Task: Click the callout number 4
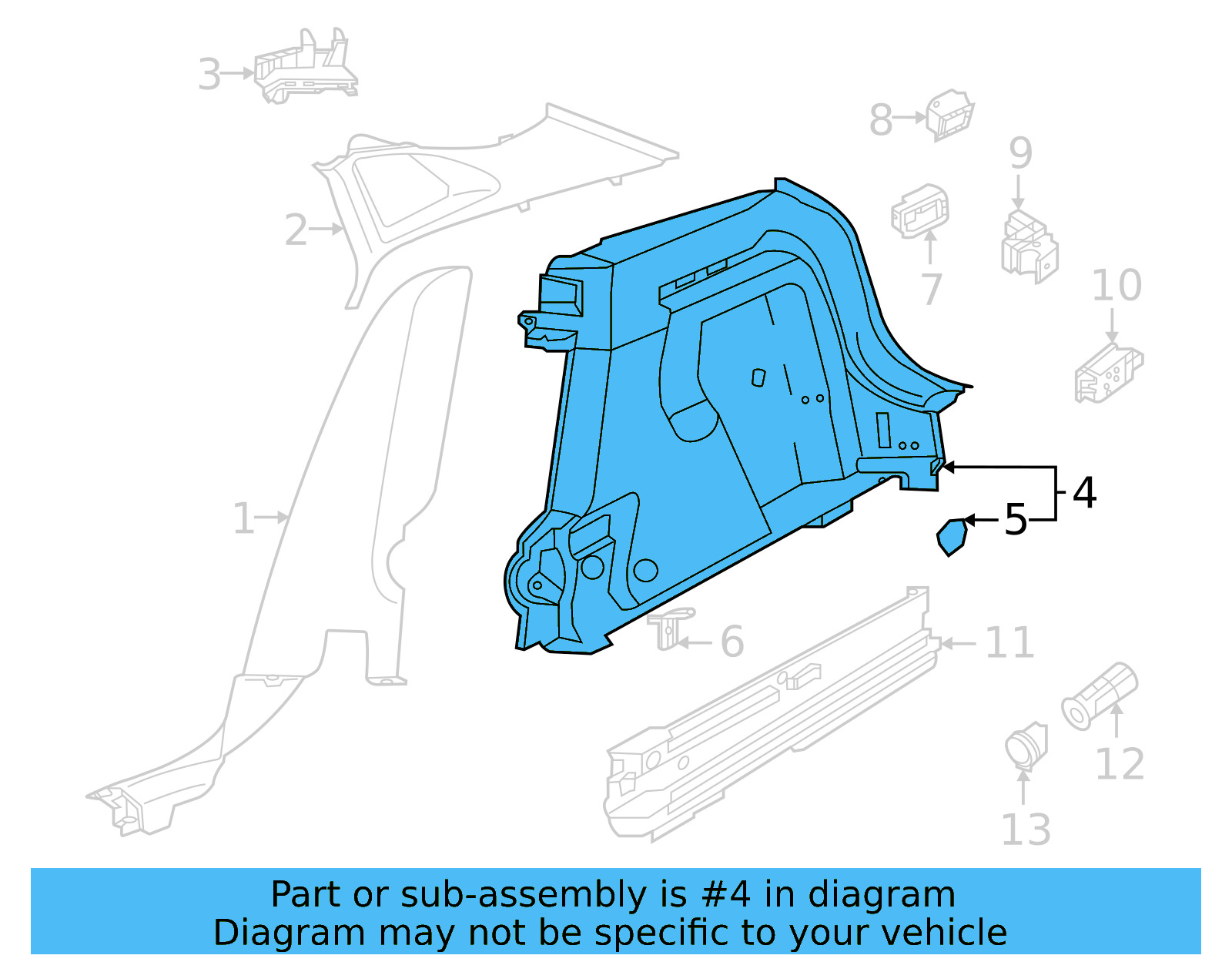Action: tap(1084, 493)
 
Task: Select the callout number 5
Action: tap(1016, 521)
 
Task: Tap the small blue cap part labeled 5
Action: tap(952, 537)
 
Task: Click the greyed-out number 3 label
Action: tap(209, 75)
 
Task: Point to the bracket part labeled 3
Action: tap(306, 69)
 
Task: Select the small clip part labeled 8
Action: tap(950, 116)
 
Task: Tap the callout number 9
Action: tap(1020, 153)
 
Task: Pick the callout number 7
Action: tap(932, 289)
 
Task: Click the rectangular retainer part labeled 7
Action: tap(920, 210)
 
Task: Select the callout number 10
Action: tap(1116, 286)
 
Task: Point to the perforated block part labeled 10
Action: tap(1108, 374)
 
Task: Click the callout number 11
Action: tap(1009, 642)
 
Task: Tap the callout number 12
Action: tap(1119, 764)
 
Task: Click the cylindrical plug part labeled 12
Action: tap(1100, 695)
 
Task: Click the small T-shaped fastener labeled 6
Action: tap(670, 627)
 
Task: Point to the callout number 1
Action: tap(243, 518)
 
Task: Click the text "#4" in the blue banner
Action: tap(725, 895)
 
